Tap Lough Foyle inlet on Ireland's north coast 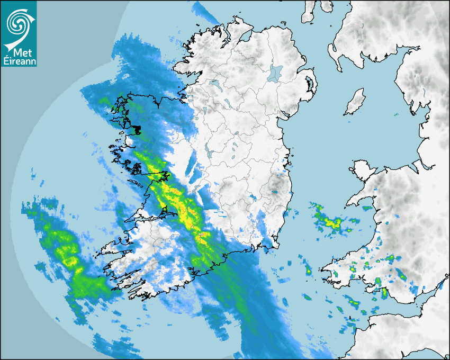point(243,37)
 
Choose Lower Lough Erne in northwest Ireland point(215,84)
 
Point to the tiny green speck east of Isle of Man point(396,114)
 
